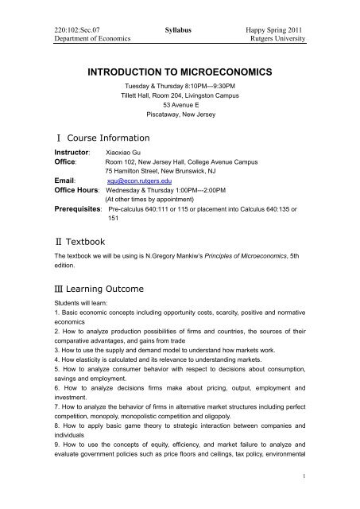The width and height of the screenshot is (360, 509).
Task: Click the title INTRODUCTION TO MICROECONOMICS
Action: [180, 72]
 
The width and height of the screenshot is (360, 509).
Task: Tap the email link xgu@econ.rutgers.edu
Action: [138, 180]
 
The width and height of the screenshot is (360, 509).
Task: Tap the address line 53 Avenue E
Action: [180, 105]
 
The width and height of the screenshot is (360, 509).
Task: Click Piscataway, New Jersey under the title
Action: [180, 115]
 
